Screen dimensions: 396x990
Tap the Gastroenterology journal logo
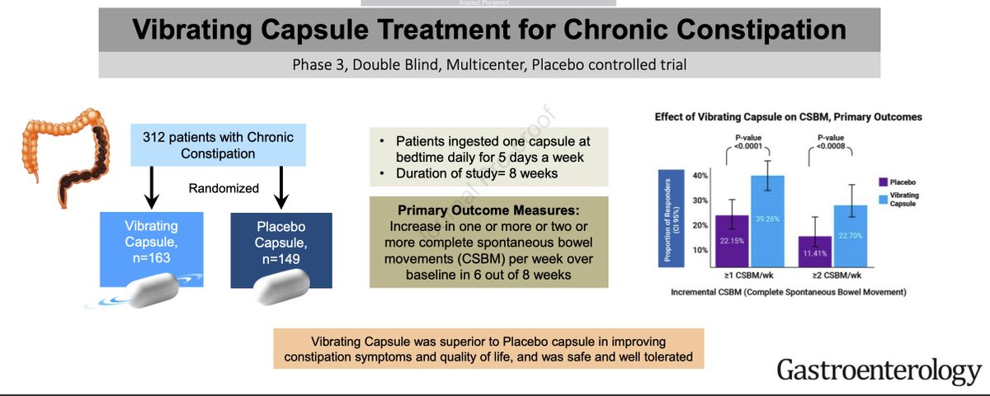tap(879, 372)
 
